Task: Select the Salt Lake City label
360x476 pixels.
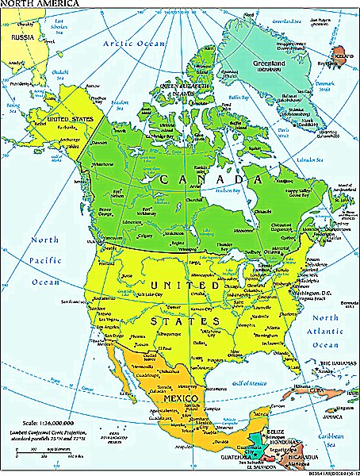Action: coord(132,294)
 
